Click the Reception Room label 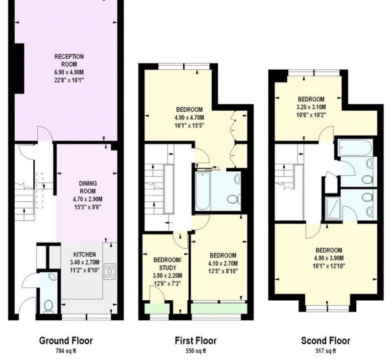[69, 60]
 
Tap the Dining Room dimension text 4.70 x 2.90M [88, 199]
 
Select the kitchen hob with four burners [110, 271]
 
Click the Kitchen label [84, 254]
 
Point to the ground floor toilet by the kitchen [48, 306]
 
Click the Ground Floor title [66, 340]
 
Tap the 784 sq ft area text [66, 351]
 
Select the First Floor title [196, 340]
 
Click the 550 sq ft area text [196, 351]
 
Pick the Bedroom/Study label [168, 264]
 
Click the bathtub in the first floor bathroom [202, 191]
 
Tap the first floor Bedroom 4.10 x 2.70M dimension [223, 264]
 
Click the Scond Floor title [325, 340]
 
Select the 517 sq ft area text [325, 351]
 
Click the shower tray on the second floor [333, 209]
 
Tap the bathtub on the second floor [355, 148]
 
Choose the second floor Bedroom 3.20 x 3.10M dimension [311, 107]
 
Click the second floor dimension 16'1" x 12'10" [329, 266]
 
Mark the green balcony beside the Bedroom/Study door [157, 308]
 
